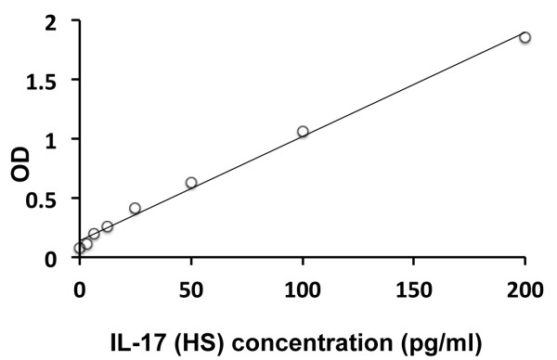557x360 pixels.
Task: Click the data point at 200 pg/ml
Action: pos(525,37)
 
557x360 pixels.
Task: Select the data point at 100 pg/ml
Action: pos(303,132)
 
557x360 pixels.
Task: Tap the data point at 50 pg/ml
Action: pos(191,183)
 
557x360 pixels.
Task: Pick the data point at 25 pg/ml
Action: pos(135,209)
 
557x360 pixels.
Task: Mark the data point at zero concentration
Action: pos(80,248)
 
